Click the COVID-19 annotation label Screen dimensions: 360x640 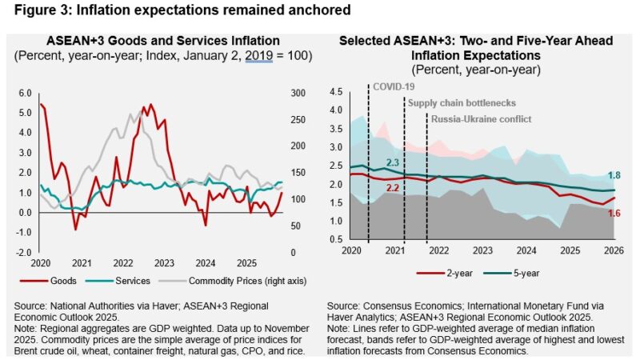point(393,86)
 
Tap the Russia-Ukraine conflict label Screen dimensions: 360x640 point(481,120)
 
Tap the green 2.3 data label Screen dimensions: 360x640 point(392,163)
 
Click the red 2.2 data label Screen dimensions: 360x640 point(393,187)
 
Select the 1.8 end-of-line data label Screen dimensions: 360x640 point(615,176)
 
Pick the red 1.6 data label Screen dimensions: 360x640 point(615,212)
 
